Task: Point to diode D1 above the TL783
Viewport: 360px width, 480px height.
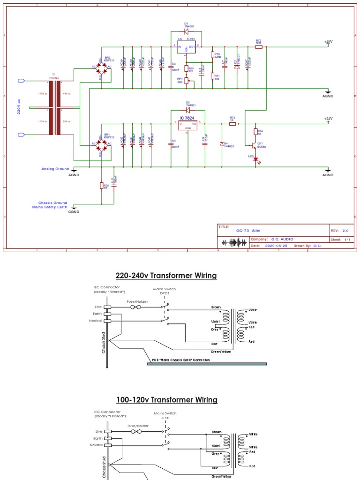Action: click(x=187, y=31)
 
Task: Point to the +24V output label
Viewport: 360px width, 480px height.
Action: click(x=328, y=119)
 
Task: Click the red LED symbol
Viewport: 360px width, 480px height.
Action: click(x=255, y=159)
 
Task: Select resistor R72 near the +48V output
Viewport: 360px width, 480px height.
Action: click(x=258, y=47)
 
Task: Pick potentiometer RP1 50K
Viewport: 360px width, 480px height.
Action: click(x=186, y=81)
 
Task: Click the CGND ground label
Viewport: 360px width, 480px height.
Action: click(x=74, y=211)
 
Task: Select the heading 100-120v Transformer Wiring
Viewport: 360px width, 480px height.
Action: click(x=167, y=400)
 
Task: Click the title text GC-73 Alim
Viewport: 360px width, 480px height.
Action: click(x=248, y=231)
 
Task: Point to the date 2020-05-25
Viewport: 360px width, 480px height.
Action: click(x=277, y=245)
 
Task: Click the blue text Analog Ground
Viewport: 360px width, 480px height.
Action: click(x=55, y=169)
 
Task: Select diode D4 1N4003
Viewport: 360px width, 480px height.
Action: click(x=221, y=143)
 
